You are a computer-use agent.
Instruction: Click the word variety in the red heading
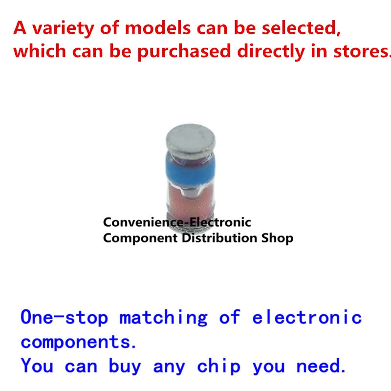point(64,29)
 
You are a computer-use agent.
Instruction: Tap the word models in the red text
point(157,28)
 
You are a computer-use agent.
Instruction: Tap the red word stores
point(362,51)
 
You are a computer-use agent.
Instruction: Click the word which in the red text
point(40,51)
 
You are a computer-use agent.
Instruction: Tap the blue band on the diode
point(190,170)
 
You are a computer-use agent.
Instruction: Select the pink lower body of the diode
point(190,199)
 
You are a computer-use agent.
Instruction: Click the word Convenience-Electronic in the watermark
point(177,222)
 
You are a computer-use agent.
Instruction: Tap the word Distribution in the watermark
point(219,238)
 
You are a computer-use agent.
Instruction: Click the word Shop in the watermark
point(277,238)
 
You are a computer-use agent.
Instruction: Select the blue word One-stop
point(65,317)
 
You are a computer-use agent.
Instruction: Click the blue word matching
point(163,318)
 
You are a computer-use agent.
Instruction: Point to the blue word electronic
point(307,317)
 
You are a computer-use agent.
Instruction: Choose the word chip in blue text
point(218,366)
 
